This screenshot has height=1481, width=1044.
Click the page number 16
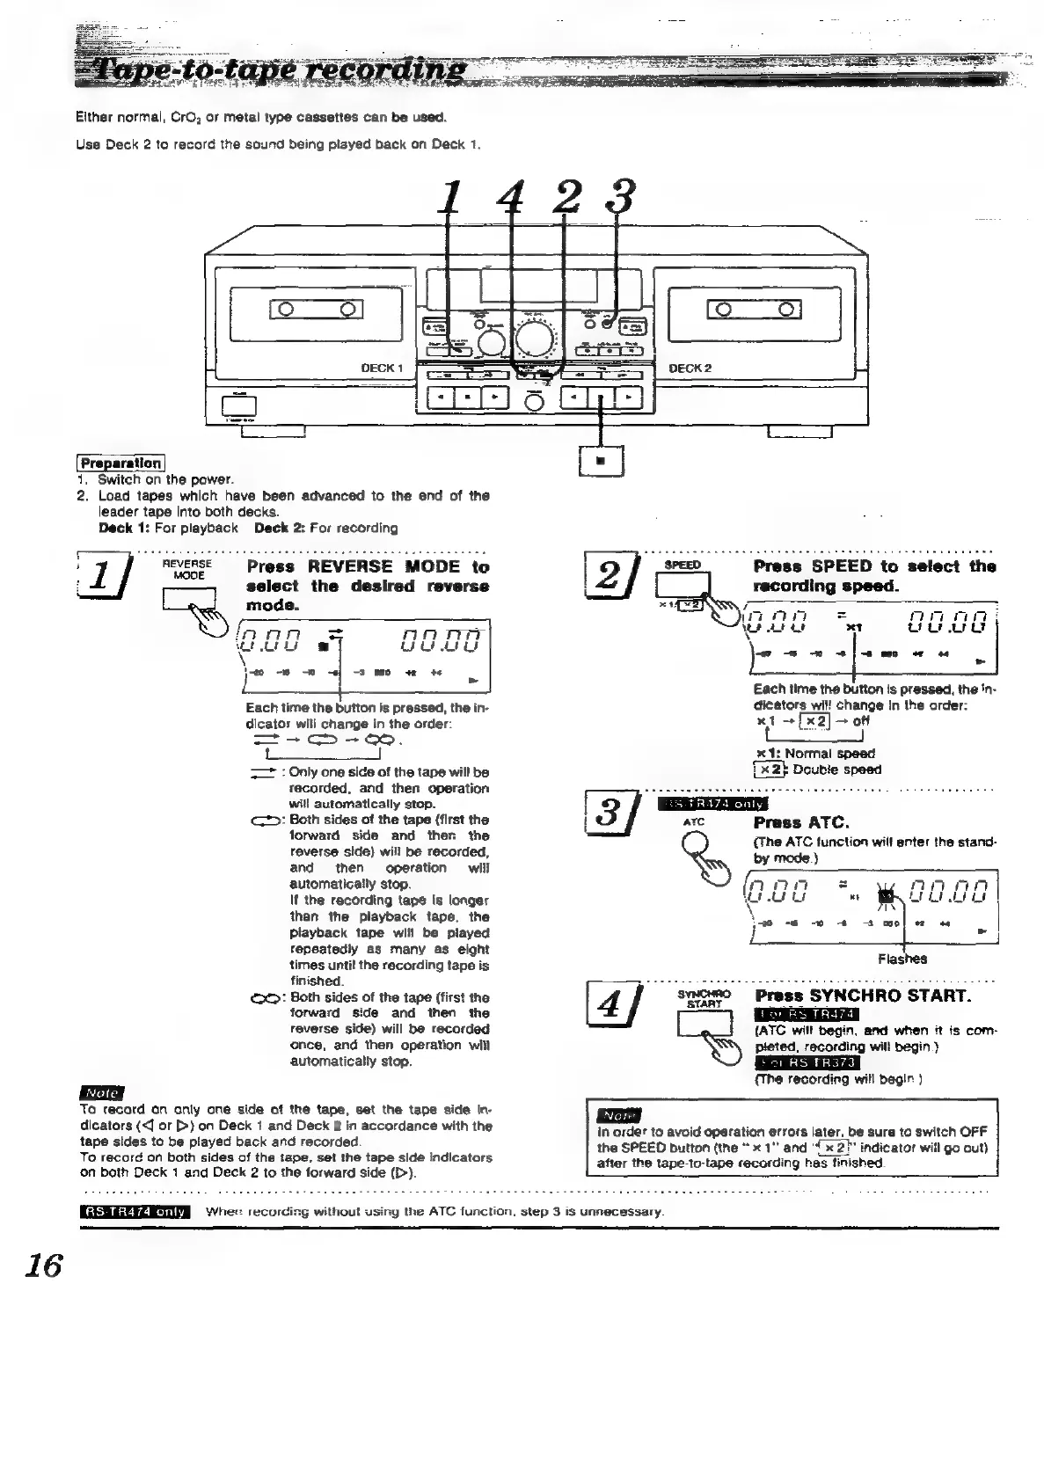43,1266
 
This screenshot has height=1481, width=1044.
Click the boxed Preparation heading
120,463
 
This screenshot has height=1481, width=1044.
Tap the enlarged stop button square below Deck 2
601,461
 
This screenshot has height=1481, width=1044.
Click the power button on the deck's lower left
238,405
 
